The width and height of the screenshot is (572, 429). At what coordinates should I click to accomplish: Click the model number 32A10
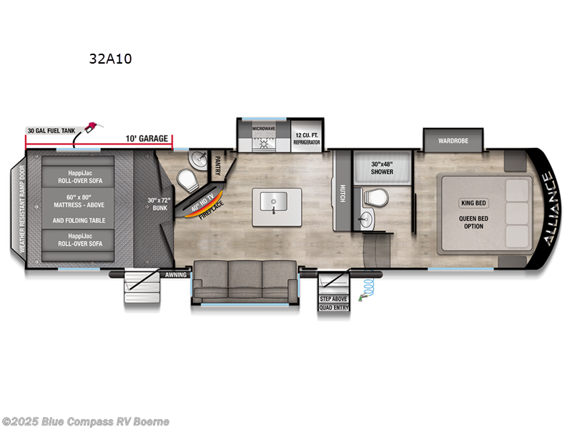click(x=110, y=59)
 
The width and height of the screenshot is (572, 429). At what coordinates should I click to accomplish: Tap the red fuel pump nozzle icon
click(x=91, y=129)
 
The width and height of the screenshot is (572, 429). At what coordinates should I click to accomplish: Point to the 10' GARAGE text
click(x=147, y=138)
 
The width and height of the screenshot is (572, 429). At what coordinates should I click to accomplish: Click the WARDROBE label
click(x=454, y=141)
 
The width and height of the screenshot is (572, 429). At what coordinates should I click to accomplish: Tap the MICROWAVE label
click(x=263, y=129)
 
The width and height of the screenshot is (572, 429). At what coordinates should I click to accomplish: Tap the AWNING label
click(x=176, y=274)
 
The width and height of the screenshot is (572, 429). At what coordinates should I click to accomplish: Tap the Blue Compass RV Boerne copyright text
click(x=86, y=421)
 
